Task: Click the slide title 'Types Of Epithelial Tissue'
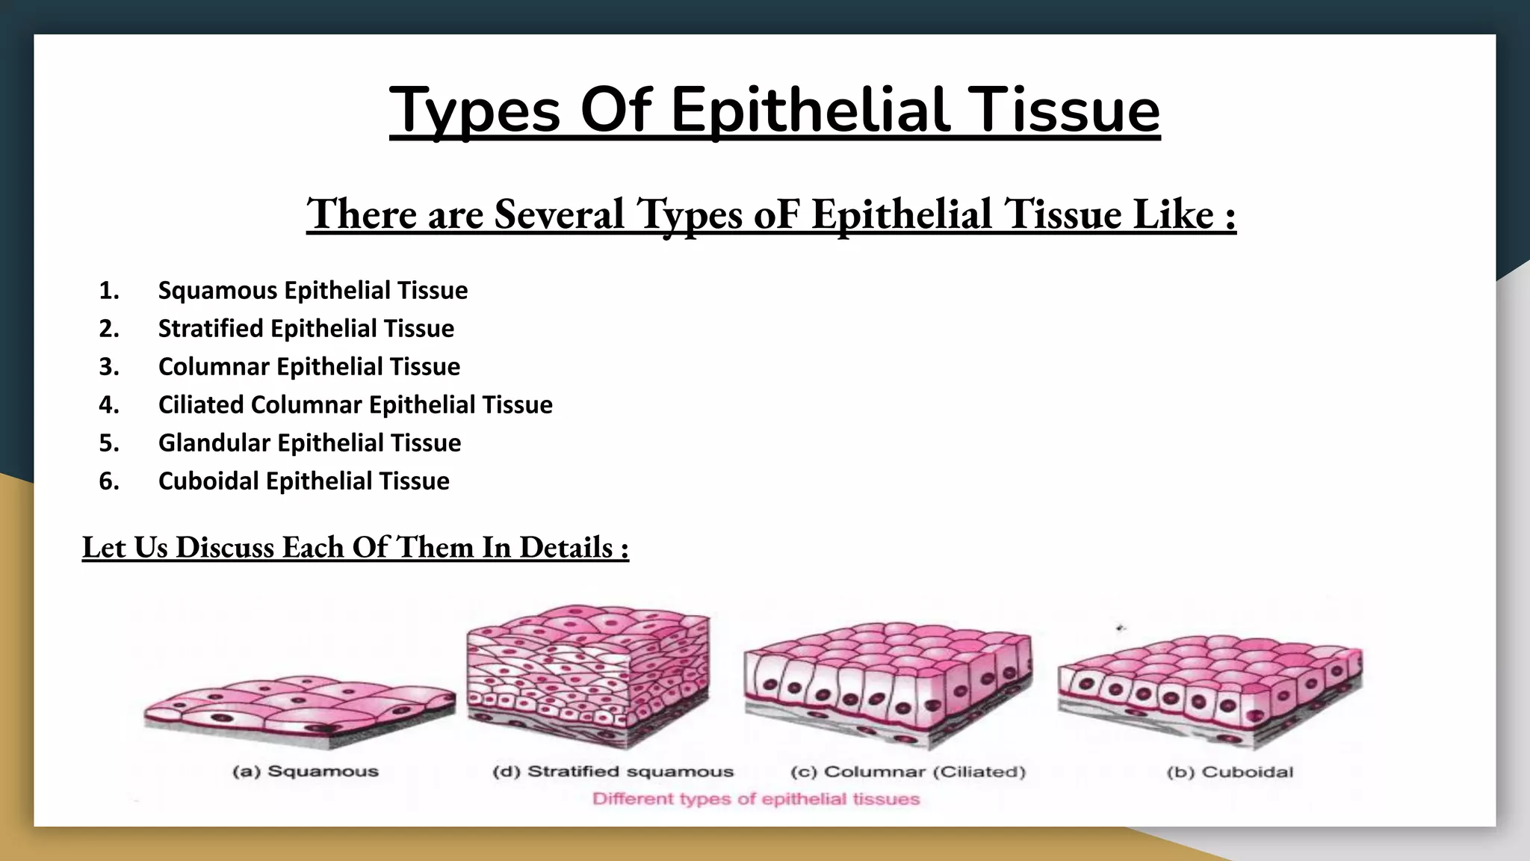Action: (774, 111)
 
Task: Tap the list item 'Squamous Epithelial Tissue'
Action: (312, 290)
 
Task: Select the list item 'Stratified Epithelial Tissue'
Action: (306, 328)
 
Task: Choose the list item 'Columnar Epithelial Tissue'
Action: (309, 366)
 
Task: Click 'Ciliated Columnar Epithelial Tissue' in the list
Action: (355, 404)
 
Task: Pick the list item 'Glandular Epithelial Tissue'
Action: (309, 442)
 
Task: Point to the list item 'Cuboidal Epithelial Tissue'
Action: (303, 481)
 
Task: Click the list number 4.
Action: (109, 404)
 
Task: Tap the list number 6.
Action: (109, 481)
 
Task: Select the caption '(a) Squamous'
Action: (306, 771)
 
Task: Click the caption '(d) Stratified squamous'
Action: (613, 771)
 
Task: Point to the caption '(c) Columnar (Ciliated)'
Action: (908, 771)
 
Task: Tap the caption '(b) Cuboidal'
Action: (1230, 772)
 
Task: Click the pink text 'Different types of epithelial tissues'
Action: (755, 799)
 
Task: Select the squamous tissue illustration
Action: (299, 706)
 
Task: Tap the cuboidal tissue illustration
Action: (1210, 688)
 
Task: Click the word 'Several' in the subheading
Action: (559, 214)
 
